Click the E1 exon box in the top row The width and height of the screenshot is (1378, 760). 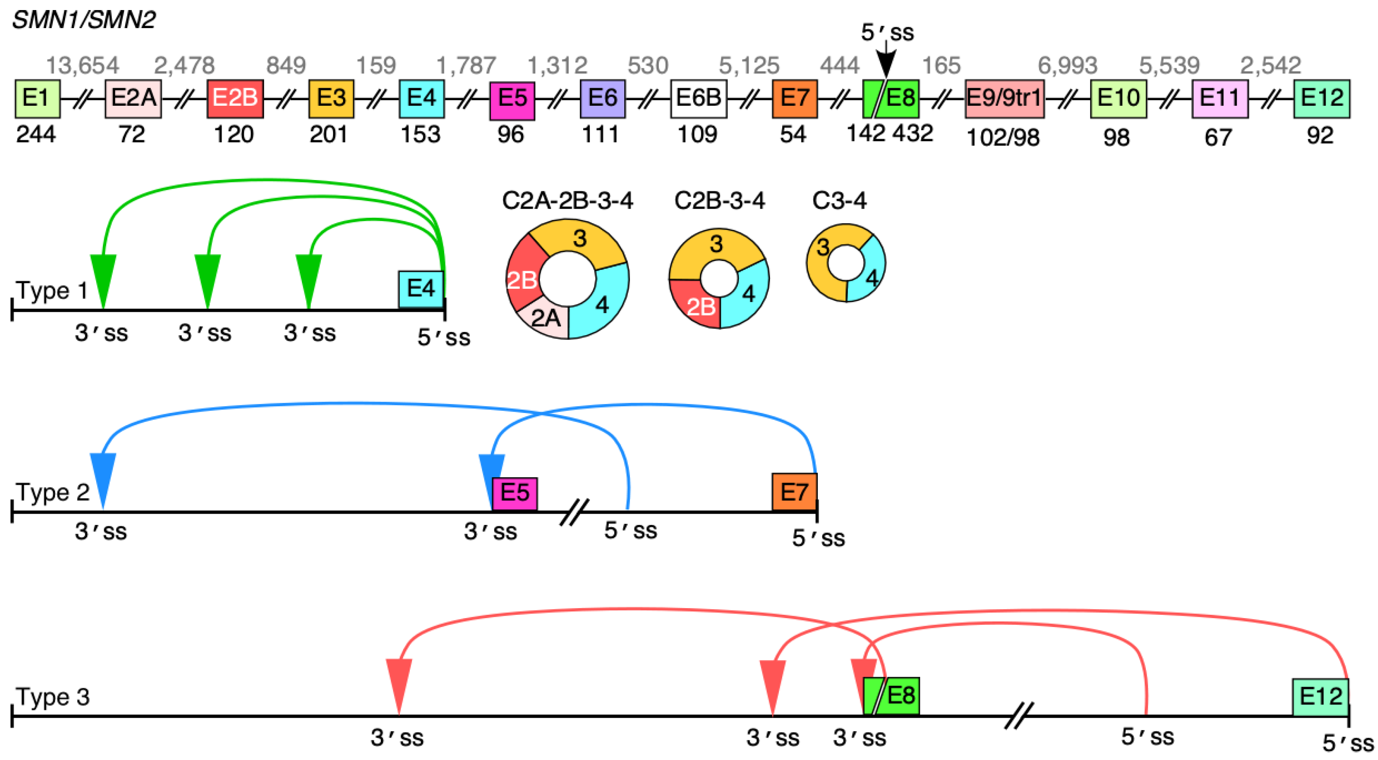coord(37,98)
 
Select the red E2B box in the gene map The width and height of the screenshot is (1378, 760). coord(235,98)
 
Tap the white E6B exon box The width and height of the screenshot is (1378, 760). coord(698,98)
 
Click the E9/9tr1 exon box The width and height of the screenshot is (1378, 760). coord(1004,98)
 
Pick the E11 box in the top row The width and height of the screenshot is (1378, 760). coord(1220,98)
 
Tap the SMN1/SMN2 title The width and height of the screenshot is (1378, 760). coord(84,20)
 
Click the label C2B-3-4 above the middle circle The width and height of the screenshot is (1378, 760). coord(720,201)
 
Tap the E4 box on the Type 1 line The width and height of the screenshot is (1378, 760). coord(421,289)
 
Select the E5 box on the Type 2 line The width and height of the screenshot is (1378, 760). coord(515,493)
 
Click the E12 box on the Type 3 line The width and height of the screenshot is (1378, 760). coord(1320,696)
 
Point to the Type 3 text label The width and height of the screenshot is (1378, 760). coord(52,696)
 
